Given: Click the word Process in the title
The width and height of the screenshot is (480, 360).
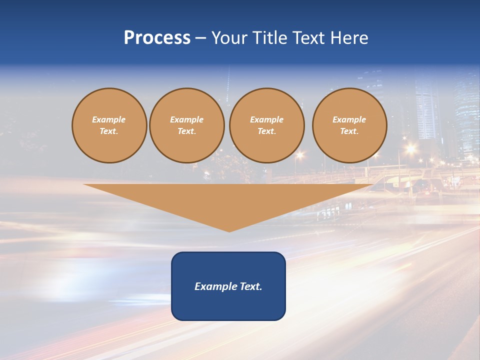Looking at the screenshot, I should click(x=157, y=38).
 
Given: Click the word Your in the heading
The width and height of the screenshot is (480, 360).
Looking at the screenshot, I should click(x=229, y=38).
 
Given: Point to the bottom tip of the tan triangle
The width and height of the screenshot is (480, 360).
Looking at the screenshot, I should click(x=229, y=231).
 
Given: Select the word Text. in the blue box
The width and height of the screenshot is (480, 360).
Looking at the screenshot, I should click(x=250, y=286).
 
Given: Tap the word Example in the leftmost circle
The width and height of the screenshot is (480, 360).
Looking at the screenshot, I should click(x=109, y=119).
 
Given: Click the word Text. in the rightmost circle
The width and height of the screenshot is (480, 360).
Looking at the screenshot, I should click(x=349, y=131).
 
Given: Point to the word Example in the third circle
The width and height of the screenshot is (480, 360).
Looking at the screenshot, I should click(x=267, y=119).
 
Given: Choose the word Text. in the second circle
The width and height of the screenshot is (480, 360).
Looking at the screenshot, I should click(x=187, y=131).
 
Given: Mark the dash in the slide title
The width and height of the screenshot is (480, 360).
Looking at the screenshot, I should click(x=201, y=38).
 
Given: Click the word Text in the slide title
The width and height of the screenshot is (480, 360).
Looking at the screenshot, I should click(x=307, y=38).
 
